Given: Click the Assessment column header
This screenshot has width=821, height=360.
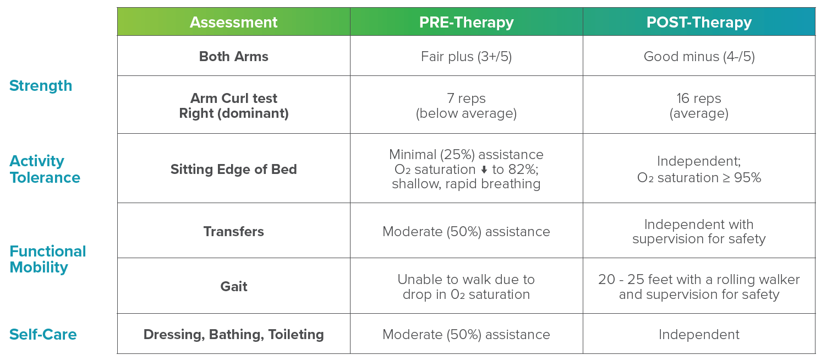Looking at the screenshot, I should (233, 22).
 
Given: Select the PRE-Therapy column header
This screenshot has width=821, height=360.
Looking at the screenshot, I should (466, 22).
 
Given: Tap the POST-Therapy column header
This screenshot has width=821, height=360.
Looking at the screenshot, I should (699, 22).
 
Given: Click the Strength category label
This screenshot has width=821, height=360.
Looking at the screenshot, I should (41, 86).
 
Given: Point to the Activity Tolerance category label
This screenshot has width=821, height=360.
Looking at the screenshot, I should (45, 169).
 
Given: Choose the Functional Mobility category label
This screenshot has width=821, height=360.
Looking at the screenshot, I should (48, 259).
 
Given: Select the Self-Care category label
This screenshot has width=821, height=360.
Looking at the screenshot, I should (42, 335).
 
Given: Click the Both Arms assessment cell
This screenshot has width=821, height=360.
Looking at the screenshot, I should (233, 56).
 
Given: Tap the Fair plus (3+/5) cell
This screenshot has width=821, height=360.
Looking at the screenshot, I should (466, 57).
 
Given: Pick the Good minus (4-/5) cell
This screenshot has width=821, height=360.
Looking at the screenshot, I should (699, 57).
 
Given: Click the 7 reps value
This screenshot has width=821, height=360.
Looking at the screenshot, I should (466, 99).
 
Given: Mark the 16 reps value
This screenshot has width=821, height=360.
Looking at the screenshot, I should (699, 99).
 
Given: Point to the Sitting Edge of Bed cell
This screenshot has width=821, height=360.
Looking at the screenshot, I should (233, 169).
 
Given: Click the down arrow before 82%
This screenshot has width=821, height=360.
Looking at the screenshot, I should (484, 170).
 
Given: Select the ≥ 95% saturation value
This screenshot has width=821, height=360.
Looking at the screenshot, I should (740, 177).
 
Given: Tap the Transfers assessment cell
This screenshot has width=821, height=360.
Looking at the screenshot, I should (233, 231).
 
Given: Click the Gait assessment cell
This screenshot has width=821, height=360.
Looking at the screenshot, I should (233, 286).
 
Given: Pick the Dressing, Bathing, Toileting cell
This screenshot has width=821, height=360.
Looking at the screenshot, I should (233, 335).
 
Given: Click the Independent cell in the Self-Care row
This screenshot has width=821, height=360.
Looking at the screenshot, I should (699, 335).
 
